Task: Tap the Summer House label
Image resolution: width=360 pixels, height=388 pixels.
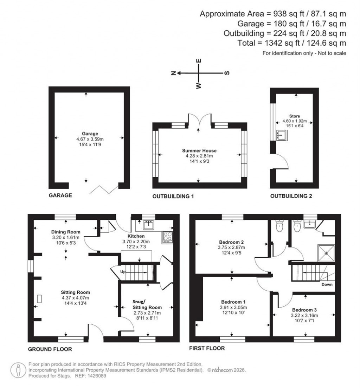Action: tap(199, 151)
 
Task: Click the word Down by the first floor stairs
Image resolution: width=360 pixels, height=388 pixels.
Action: tap(327, 284)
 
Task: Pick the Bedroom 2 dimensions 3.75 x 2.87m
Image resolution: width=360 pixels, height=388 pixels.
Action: tap(232, 247)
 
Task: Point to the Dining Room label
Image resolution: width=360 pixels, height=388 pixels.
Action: tap(66, 232)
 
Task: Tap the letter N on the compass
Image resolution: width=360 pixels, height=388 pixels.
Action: tap(173, 73)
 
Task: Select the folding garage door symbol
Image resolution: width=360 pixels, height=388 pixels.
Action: tap(104, 189)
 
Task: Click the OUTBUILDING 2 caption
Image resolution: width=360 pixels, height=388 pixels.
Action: tap(291, 196)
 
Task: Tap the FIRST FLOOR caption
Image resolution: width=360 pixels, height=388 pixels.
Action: tap(207, 348)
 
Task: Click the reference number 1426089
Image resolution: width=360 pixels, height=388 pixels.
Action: tap(95, 376)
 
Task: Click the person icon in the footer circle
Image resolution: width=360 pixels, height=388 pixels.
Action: tap(18, 370)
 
